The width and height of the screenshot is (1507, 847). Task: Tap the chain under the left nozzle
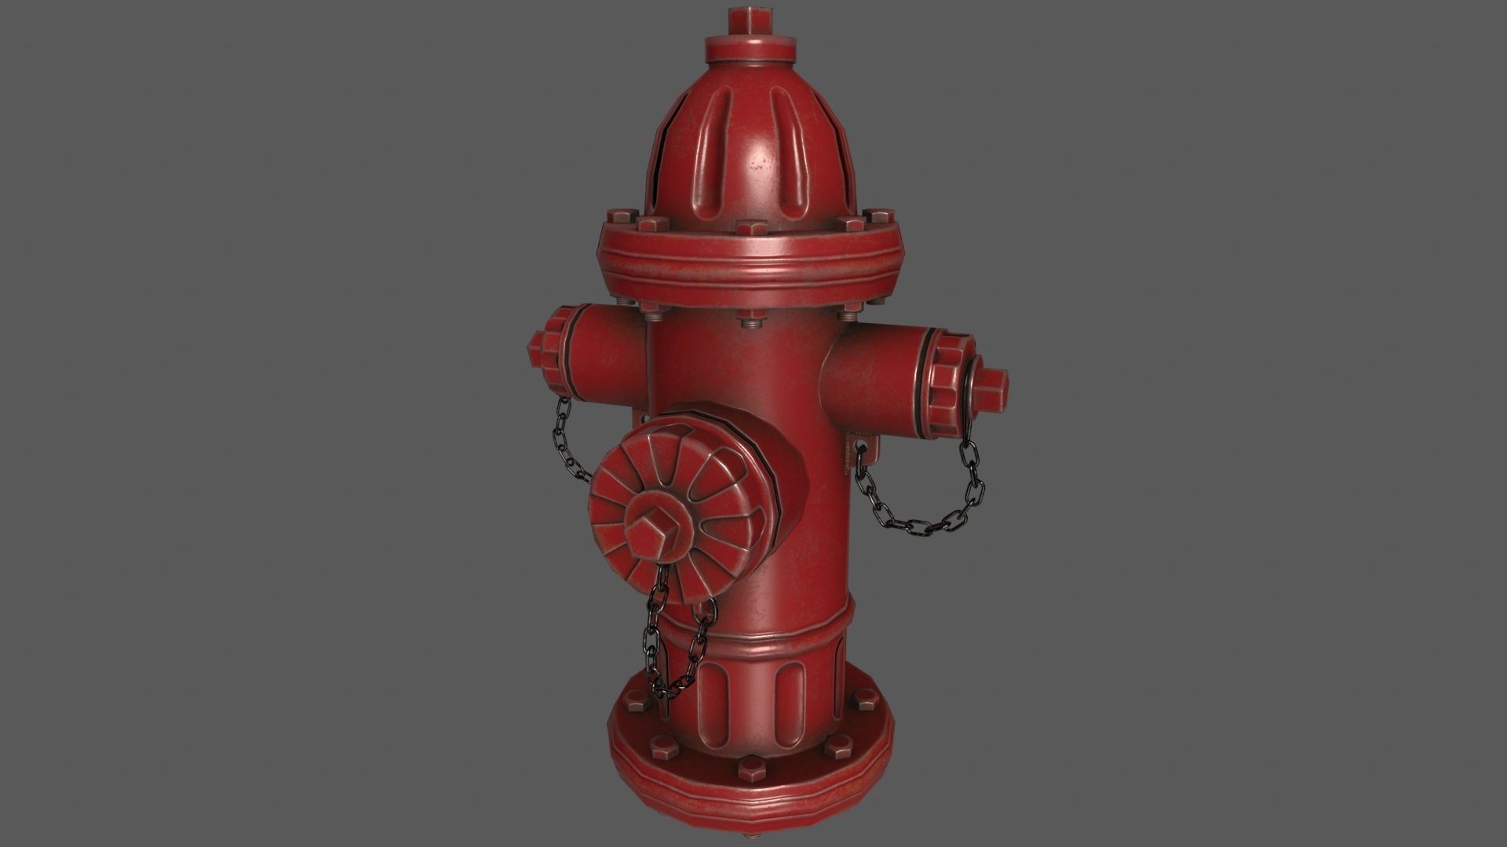tap(571, 439)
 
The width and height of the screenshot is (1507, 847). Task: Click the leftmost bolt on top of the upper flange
tap(617, 214)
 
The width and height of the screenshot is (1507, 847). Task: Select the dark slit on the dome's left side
tap(663, 165)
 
